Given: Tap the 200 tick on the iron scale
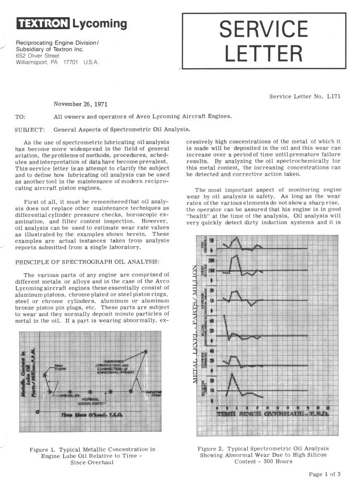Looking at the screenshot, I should tap(212, 260).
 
